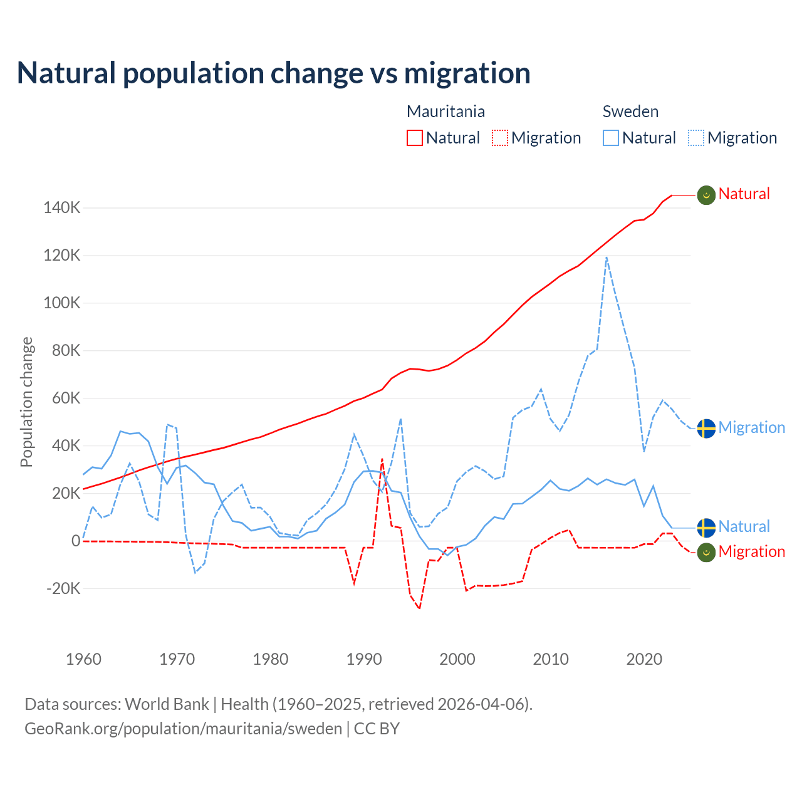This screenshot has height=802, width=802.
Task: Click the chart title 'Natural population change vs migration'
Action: [x=274, y=73]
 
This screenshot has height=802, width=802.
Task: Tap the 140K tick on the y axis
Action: [x=62, y=207]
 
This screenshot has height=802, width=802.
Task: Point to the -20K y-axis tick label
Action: [x=63, y=588]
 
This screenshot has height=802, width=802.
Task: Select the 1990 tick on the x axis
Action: [x=364, y=659]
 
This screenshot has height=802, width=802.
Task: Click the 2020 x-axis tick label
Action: [x=644, y=659]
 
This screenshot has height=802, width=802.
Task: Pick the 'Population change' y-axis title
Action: [x=26, y=402]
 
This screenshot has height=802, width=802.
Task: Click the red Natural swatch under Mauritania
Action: [x=415, y=138]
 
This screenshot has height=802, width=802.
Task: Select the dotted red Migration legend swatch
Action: [x=500, y=138]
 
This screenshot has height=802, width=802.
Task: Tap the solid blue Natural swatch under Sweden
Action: [x=611, y=138]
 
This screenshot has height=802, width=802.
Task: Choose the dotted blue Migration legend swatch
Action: [x=696, y=138]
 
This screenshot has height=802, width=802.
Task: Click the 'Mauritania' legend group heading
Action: [x=445, y=112]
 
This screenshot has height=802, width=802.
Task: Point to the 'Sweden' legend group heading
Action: [x=630, y=112]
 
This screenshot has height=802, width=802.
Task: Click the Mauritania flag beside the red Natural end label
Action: [x=706, y=195]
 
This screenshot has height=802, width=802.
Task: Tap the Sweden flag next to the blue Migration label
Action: [x=706, y=429]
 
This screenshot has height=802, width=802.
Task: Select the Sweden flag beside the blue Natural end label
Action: [x=706, y=528]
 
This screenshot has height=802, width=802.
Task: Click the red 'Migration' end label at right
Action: [x=751, y=551]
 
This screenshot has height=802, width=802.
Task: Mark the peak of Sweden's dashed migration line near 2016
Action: [x=607, y=257]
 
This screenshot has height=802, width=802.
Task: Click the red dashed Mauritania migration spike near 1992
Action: [x=382, y=459]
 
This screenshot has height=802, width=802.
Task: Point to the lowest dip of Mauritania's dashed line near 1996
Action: [x=419, y=608]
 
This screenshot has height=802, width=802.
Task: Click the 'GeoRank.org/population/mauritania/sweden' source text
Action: [x=183, y=729]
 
